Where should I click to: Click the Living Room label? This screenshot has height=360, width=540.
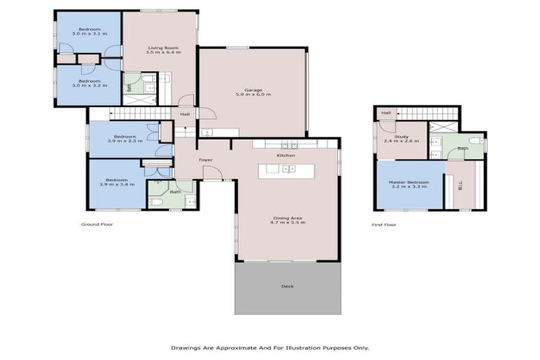(161, 48)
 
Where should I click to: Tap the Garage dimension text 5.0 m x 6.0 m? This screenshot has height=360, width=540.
(253, 95)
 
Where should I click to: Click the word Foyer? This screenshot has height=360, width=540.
(205, 160)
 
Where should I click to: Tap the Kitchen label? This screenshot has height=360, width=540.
(285, 155)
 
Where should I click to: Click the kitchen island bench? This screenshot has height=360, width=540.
(286, 170)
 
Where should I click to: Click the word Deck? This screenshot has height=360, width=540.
(287, 287)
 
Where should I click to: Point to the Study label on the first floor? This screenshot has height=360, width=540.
(401, 137)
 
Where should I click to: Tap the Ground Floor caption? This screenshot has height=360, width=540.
(97, 224)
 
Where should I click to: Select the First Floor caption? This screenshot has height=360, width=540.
(384, 224)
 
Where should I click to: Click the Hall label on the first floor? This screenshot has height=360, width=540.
(385, 112)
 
